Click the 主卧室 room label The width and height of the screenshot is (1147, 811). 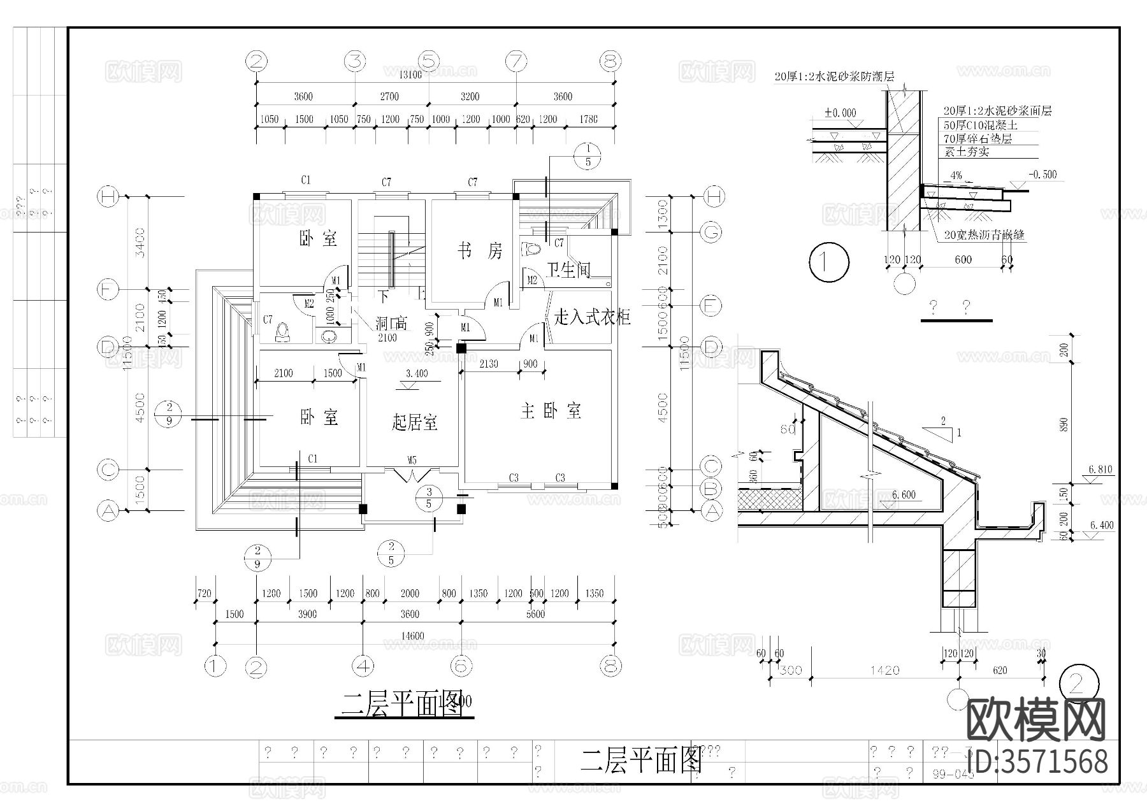coord(551,411)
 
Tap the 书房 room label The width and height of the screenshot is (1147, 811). coord(480,251)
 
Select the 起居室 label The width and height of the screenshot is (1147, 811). coord(414,422)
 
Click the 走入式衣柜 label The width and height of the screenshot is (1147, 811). coord(592,317)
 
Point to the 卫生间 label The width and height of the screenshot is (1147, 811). coord(568,270)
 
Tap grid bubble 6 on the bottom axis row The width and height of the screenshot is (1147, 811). coord(461,666)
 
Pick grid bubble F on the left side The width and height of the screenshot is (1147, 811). coord(108,290)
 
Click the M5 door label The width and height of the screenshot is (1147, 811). coord(412,460)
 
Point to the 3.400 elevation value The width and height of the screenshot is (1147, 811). coord(417,373)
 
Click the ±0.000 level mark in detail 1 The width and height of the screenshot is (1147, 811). coord(840,113)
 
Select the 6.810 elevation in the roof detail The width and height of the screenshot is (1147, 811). coord(1100,470)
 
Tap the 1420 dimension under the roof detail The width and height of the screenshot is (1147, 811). coord(884,670)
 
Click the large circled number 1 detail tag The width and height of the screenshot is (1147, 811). coord(828,262)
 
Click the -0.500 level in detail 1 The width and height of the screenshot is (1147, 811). coord(1042,175)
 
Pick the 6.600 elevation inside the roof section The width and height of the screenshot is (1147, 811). coord(904,495)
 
